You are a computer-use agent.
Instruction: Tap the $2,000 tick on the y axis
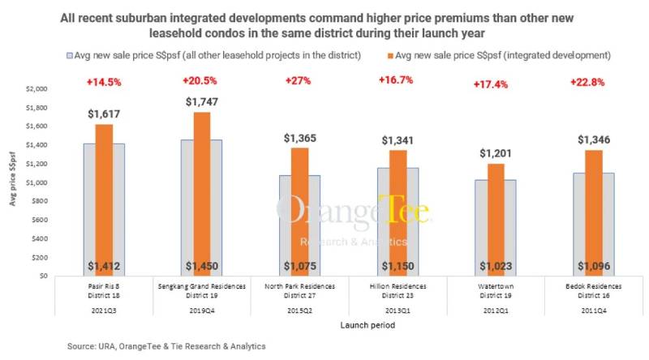point(37,89)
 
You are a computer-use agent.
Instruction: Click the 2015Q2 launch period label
point(298,309)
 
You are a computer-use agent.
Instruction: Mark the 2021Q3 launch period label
point(104,309)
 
